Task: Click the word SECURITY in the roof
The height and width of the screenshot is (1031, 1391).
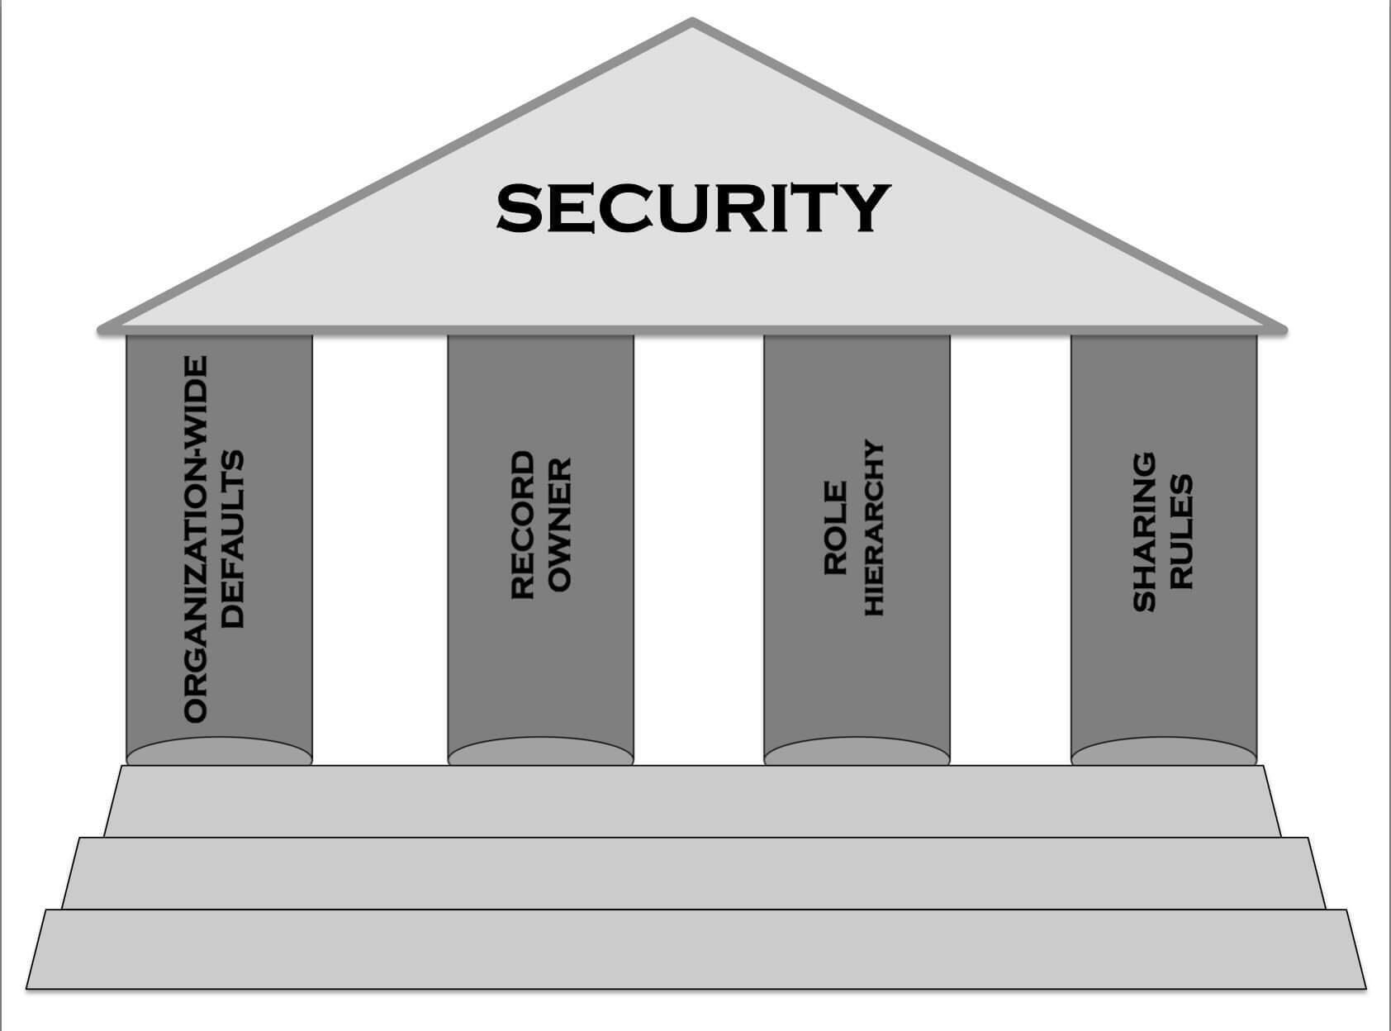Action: pos(692,207)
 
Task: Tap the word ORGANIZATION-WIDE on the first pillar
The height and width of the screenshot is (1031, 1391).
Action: pos(195,539)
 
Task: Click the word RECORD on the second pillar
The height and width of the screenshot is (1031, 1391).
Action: pos(522,525)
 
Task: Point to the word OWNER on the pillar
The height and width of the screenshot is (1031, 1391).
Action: pos(560,525)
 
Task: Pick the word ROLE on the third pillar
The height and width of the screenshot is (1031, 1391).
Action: pos(835,528)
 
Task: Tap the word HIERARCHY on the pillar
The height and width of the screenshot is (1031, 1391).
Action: pos(874,528)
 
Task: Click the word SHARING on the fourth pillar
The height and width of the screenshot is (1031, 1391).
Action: pos(1143,531)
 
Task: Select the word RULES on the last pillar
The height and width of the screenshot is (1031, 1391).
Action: pos(1181,531)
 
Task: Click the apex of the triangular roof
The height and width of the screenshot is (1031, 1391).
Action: pos(692,24)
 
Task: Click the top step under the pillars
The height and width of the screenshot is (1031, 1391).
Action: pos(692,801)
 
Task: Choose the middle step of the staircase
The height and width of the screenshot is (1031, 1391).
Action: pos(692,873)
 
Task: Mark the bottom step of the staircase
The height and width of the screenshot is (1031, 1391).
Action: pos(692,948)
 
